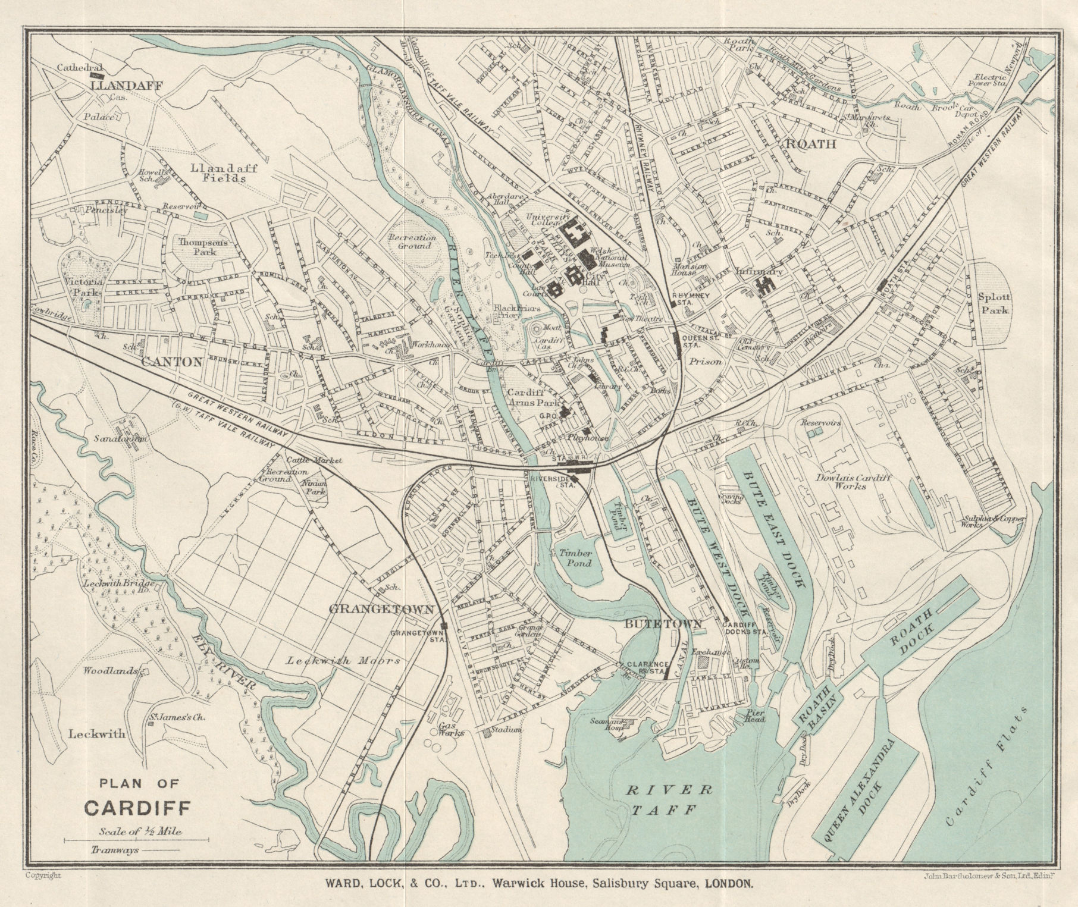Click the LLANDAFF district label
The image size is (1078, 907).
(x=127, y=86)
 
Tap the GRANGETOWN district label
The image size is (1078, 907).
(x=380, y=609)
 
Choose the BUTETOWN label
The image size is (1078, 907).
(x=663, y=623)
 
